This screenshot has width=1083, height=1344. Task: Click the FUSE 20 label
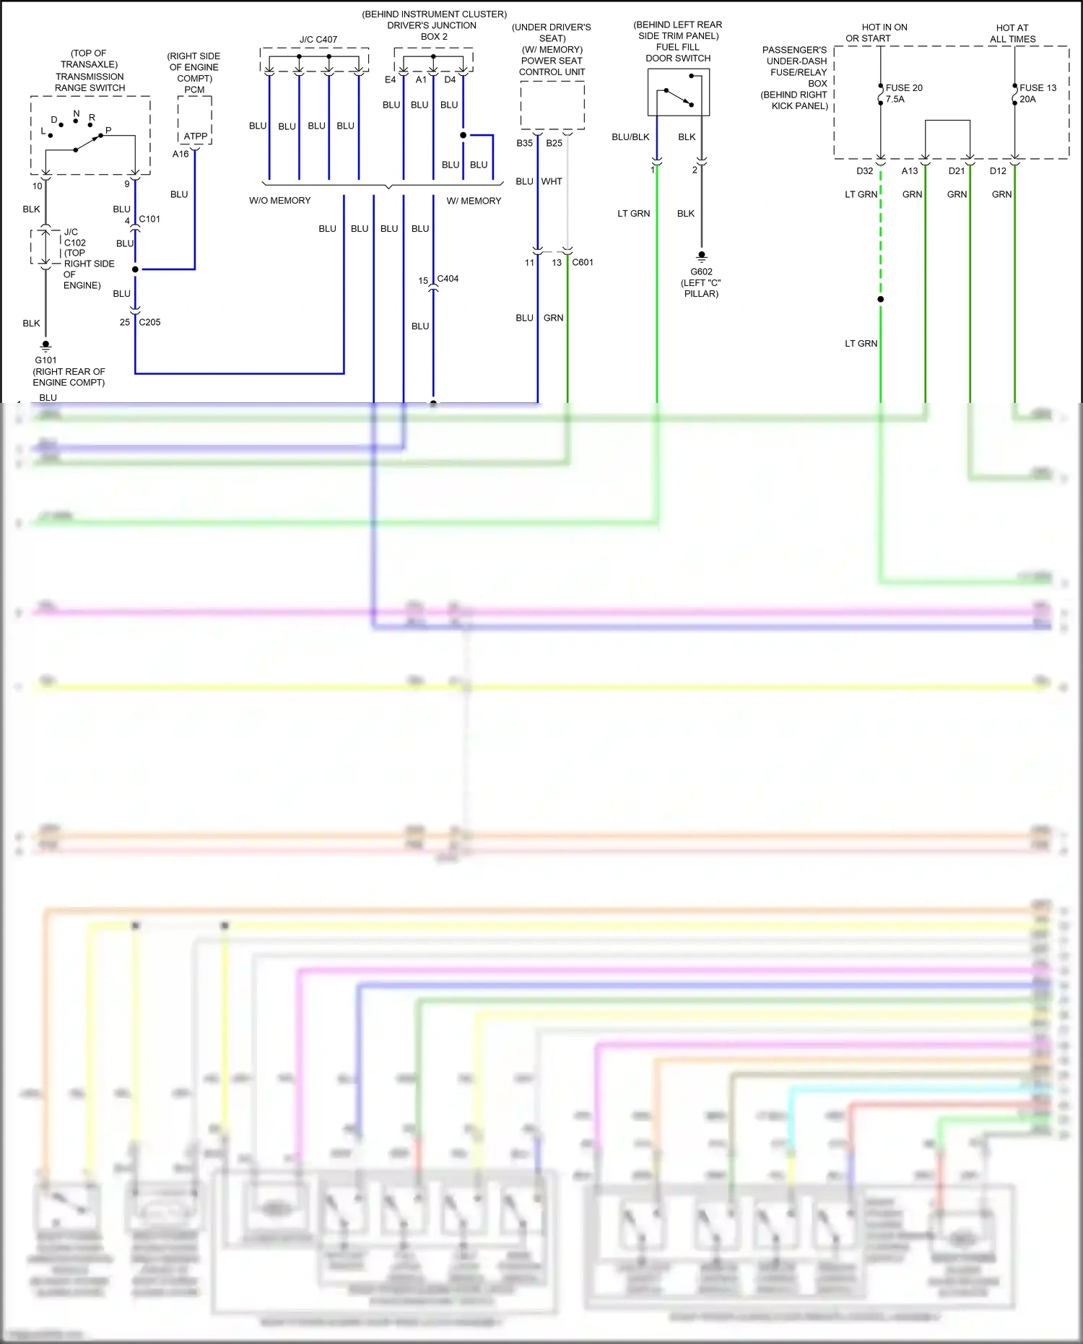pos(903,88)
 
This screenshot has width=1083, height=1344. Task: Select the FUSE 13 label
pos(1037,88)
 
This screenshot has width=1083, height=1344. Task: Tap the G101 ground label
pos(45,360)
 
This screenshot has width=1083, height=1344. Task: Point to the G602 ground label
pos(701,272)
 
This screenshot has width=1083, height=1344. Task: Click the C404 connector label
pos(448,278)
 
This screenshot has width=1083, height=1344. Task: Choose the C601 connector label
pos(582,262)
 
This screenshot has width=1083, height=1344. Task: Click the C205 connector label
pos(149,322)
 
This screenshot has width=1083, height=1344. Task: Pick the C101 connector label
pos(149,219)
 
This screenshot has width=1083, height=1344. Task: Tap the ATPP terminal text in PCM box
pos(195,136)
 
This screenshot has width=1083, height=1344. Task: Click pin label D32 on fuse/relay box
pos(864,171)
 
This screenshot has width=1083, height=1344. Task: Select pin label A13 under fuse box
pos(909,171)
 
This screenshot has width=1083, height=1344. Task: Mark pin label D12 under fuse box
pos(997,171)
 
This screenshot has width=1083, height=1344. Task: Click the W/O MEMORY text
pos(279,201)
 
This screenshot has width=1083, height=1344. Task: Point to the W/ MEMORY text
pos(474,201)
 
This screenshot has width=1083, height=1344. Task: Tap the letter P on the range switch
pos(108,131)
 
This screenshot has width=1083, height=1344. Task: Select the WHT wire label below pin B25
pos(552,181)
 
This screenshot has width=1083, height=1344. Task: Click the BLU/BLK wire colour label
pos(630,137)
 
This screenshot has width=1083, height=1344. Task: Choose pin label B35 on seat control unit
pos(524,143)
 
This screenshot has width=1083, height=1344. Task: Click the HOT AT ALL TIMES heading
pos(1012,33)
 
